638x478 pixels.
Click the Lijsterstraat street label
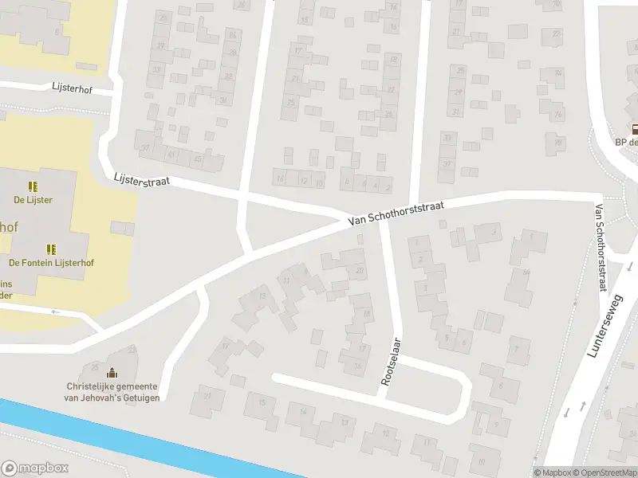coord(142,181)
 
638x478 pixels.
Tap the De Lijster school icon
coord(33,186)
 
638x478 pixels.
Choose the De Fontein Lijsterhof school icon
coord(51,249)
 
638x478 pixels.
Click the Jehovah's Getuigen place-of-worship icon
coord(112,373)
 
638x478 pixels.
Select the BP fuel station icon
coord(635,129)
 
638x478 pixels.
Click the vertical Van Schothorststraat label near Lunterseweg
coord(600,247)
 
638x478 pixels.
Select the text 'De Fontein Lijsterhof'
coord(51,263)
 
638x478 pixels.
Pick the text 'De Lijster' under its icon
coord(33,200)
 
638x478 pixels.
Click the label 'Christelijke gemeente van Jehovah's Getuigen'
coord(112,392)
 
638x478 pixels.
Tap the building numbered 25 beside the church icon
coord(95,366)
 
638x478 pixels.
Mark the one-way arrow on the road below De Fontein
coord(56,311)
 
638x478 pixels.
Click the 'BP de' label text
coord(626,143)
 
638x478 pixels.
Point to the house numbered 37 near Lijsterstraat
coord(145,147)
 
